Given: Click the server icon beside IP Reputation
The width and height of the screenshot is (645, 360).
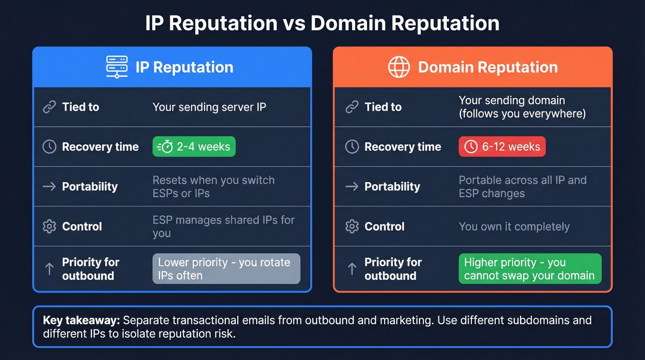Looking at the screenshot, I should (117, 67).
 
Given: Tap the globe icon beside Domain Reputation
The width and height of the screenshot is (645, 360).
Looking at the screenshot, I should (399, 67).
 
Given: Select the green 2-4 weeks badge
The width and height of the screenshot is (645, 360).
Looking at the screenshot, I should (194, 147).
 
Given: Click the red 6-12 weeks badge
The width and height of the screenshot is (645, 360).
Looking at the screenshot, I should (502, 147).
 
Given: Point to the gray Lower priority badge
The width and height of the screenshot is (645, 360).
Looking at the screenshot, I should (226, 269).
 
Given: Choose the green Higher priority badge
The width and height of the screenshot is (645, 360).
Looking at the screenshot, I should (530, 269).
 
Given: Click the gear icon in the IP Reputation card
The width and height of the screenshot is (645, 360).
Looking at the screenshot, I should (49, 226).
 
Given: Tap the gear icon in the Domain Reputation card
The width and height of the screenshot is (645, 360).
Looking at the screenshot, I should (352, 226).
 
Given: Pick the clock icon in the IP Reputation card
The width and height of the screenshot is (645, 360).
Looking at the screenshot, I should (49, 147).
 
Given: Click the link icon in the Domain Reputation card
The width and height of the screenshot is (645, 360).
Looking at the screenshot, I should (352, 107).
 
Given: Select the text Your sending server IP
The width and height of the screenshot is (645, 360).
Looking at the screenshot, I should (209, 107).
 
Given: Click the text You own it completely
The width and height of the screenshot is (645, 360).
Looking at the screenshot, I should (514, 226).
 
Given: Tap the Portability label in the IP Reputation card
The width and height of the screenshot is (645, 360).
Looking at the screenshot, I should (90, 187).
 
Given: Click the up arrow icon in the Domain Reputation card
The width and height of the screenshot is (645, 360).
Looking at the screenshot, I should (352, 269).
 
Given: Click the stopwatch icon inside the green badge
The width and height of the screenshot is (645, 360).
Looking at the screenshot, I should (165, 147).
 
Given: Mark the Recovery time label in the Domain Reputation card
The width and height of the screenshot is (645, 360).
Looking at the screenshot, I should (403, 147).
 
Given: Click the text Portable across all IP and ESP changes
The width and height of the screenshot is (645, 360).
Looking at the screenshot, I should (522, 187).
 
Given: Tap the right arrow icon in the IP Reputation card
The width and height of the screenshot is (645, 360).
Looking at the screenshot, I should (49, 187).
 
